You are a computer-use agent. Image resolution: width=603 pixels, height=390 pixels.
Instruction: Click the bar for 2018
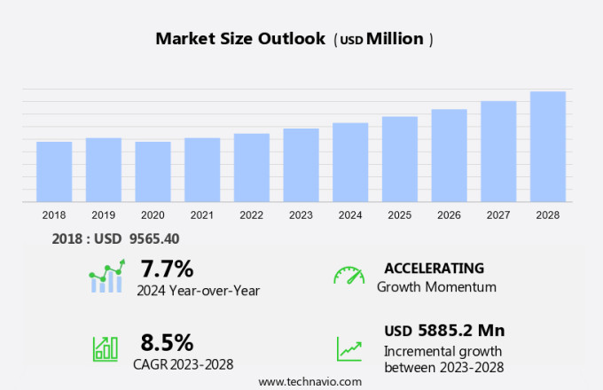pyautogui.click(x=54, y=172)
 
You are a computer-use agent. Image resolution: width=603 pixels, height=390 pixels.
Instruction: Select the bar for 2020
pyautogui.click(x=153, y=172)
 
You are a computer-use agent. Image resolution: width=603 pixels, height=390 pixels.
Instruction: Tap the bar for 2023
pyautogui.click(x=301, y=166)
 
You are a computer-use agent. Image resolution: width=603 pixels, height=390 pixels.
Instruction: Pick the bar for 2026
pyautogui.click(x=449, y=156)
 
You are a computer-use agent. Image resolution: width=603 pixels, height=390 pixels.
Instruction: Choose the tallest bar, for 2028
pyautogui.click(x=548, y=147)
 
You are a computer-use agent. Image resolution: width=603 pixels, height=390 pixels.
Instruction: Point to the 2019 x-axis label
pyautogui.click(x=103, y=214)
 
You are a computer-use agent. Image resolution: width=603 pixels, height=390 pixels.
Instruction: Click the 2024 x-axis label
pyautogui.click(x=350, y=214)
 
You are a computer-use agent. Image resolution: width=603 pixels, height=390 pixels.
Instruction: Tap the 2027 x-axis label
pyautogui.click(x=498, y=214)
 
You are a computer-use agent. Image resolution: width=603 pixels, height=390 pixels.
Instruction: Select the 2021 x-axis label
pyautogui.click(x=202, y=214)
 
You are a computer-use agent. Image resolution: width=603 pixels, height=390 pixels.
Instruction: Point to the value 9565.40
pyautogui.click(x=148, y=238)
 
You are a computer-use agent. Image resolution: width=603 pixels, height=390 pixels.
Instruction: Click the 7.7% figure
pyautogui.click(x=167, y=268)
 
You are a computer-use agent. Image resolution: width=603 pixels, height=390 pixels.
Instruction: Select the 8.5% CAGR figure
pyautogui.click(x=167, y=342)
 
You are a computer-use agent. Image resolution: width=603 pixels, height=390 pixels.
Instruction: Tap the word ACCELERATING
pyautogui.click(x=434, y=268)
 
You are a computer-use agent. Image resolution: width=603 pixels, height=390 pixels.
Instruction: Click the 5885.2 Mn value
pyautogui.click(x=458, y=331)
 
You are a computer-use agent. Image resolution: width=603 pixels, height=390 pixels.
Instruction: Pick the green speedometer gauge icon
pyautogui.click(x=348, y=275)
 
